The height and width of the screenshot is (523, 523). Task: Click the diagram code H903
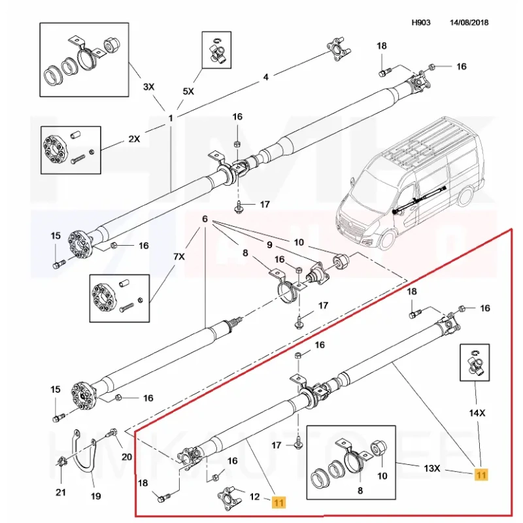click(421, 22)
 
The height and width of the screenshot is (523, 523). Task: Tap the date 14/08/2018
click(469, 22)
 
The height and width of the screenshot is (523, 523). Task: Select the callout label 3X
click(149, 86)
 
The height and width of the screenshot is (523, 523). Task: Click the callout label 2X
click(135, 139)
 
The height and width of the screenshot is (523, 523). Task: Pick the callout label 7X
click(178, 258)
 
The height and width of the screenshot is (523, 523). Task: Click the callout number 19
click(95, 496)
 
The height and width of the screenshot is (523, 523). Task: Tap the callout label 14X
click(478, 413)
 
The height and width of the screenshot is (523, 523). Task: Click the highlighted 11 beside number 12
click(279, 502)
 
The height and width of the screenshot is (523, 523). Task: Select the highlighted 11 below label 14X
click(481, 475)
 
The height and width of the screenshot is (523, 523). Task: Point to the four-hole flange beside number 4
click(333, 51)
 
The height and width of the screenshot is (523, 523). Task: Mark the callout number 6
click(205, 219)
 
